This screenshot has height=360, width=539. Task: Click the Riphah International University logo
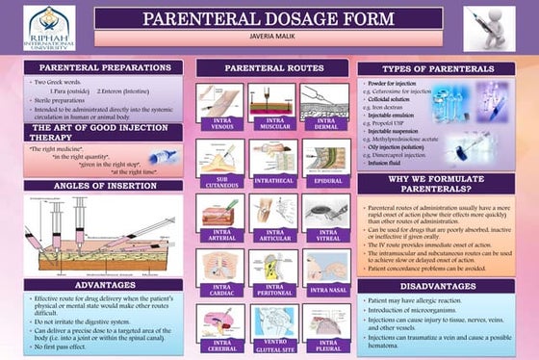(x=48, y=28)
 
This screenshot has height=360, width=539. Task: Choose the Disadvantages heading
(x=437, y=285)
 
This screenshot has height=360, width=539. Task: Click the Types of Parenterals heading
(x=437, y=69)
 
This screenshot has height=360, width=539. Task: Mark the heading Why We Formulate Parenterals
(x=437, y=183)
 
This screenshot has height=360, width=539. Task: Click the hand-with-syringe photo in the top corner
(x=490, y=29)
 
